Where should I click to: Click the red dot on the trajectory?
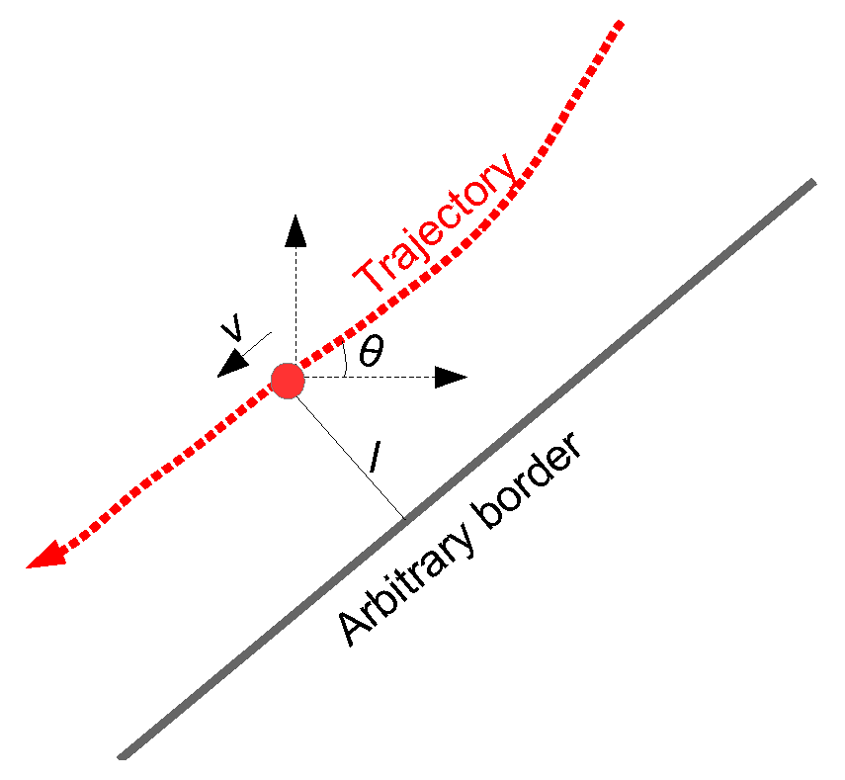(x=287, y=380)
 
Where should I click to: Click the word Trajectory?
(x=438, y=224)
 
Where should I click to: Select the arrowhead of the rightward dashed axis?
(x=451, y=377)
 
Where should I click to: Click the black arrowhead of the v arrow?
(x=233, y=364)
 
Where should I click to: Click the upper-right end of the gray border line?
(x=812, y=183)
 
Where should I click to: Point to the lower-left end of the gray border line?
(x=122, y=756)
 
